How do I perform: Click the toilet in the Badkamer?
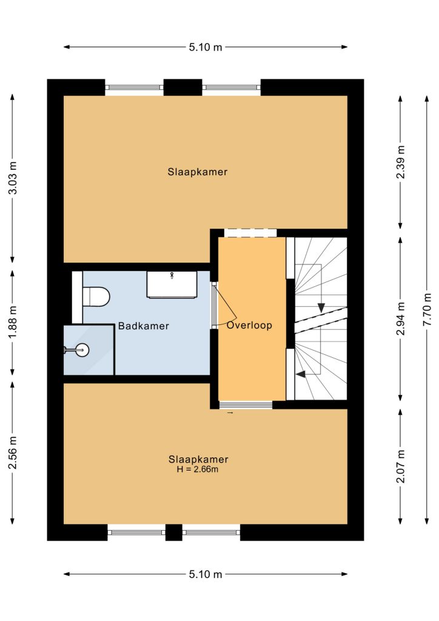[x=96, y=297]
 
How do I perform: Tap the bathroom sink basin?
[x=172, y=284]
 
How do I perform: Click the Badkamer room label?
[x=143, y=326]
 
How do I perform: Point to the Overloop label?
[x=249, y=326]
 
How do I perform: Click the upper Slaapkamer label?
[x=198, y=172]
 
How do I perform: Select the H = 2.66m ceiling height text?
[x=198, y=470]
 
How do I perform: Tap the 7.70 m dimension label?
[x=427, y=310]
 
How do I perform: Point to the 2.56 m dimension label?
[x=13, y=452]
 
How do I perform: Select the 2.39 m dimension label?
[x=401, y=161]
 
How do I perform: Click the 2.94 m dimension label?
[x=401, y=318]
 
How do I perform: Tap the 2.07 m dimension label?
[x=401, y=466]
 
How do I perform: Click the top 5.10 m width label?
[x=206, y=47]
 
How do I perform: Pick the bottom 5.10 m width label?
[x=206, y=574]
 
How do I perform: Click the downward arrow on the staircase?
[x=321, y=307]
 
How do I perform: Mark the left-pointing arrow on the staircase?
[x=301, y=374]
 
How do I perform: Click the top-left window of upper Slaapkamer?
[x=134, y=87]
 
